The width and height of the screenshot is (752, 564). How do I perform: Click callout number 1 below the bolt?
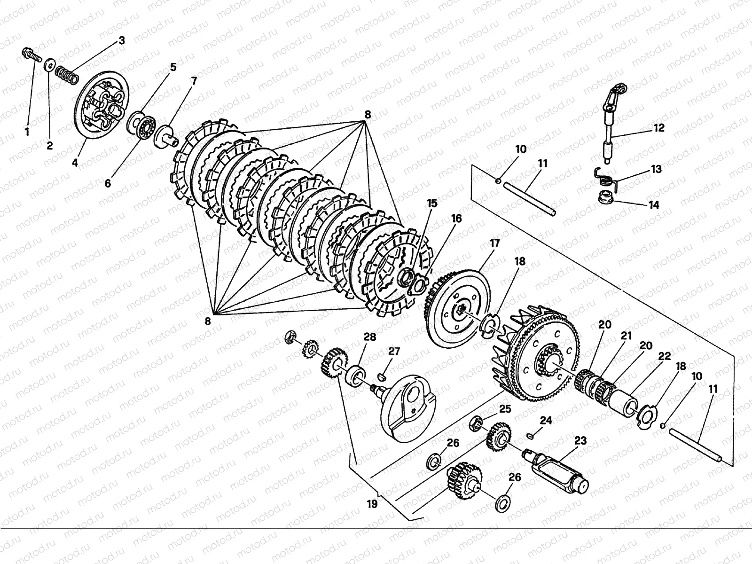(27, 132)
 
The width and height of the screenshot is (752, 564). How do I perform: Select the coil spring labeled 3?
(66, 75)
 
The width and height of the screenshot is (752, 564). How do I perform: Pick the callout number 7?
(194, 81)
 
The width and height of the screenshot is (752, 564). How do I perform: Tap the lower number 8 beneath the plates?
(208, 321)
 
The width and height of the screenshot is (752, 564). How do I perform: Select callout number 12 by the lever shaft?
(659, 128)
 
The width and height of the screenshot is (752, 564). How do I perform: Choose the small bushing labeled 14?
(607, 197)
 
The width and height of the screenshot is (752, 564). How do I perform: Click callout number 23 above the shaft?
(580, 440)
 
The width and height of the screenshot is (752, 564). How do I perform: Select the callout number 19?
(372, 504)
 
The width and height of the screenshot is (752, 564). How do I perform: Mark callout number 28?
(370, 337)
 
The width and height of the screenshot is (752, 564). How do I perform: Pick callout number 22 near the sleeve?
(664, 357)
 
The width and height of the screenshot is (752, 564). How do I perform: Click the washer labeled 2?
(49, 65)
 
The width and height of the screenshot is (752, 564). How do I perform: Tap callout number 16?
(456, 219)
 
